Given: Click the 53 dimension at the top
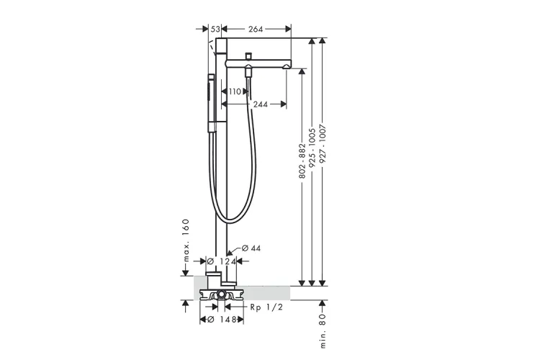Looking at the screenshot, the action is [x=215, y=30].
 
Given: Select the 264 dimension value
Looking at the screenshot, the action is [x=256, y=30].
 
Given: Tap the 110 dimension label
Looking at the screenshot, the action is [x=235, y=91].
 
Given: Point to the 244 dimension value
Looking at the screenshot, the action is [x=261, y=104].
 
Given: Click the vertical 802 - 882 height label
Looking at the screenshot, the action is [x=302, y=161].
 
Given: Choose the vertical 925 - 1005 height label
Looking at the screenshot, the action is [x=312, y=148].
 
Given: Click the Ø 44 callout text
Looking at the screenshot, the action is [x=251, y=248].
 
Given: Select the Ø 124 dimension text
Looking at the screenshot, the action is [x=222, y=261].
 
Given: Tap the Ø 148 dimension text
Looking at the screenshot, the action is [x=222, y=320].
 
